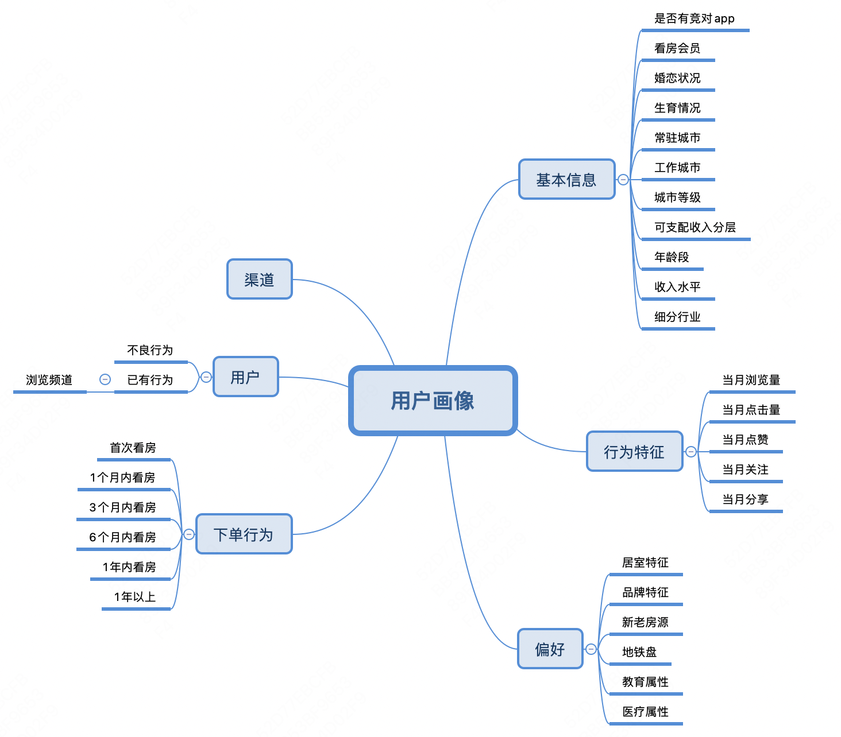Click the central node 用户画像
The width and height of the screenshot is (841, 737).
(x=433, y=401)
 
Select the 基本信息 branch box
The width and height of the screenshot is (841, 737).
(x=566, y=180)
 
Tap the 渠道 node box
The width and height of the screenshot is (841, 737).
(x=259, y=280)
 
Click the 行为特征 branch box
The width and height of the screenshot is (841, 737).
(x=634, y=452)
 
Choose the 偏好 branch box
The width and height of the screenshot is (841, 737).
(x=550, y=649)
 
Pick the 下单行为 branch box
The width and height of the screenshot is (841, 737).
(x=244, y=534)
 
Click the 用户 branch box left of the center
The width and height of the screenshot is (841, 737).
(x=245, y=377)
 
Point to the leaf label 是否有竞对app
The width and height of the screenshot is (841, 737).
(x=694, y=18)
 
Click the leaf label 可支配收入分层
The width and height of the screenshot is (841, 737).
(x=695, y=227)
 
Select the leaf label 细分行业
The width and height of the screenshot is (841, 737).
(x=677, y=317)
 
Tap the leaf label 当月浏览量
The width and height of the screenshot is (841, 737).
(x=751, y=380)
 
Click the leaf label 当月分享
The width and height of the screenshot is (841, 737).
(x=745, y=499)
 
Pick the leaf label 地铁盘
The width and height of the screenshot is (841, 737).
(x=639, y=652)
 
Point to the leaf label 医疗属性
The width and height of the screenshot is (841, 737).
(x=645, y=712)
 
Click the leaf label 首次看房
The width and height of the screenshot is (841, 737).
(x=133, y=448)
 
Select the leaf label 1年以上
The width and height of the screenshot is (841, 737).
(x=135, y=597)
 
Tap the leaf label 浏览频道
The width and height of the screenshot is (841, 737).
(x=49, y=380)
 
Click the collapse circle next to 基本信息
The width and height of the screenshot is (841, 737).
(x=623, y=180)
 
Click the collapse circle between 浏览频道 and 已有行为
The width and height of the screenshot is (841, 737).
(x=105, y=379)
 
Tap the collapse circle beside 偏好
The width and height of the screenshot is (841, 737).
(x=591, y=649)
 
